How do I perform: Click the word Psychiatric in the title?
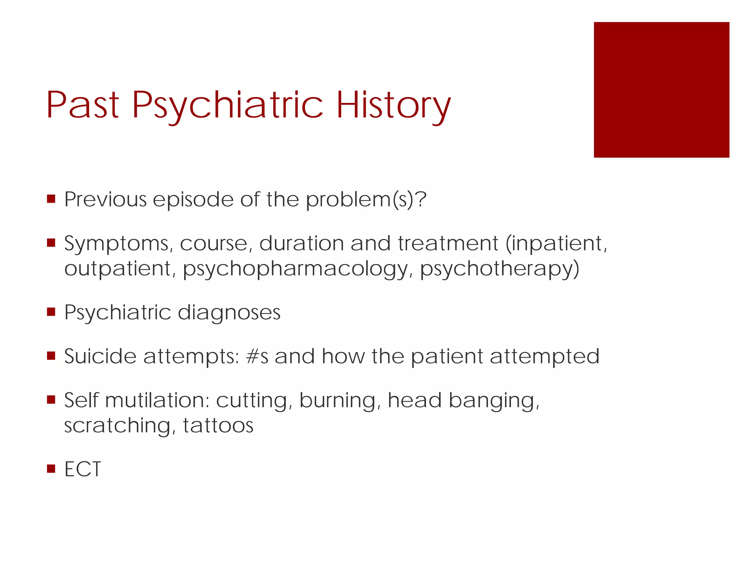tap(228, 106)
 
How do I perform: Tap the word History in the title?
tap(393, 106)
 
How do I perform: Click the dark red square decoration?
tap(661, 90)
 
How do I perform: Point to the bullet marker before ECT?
tap(51, 469)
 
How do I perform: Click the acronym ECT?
tap(83, 469)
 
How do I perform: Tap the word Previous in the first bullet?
tap(106, 199)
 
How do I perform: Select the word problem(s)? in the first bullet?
tap(366, 200)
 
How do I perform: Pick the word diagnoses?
tap(229, 313)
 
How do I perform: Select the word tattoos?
tap(218, 426)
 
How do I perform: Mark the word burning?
tap(340, 401)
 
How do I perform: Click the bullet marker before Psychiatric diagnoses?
tap(51, 312)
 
